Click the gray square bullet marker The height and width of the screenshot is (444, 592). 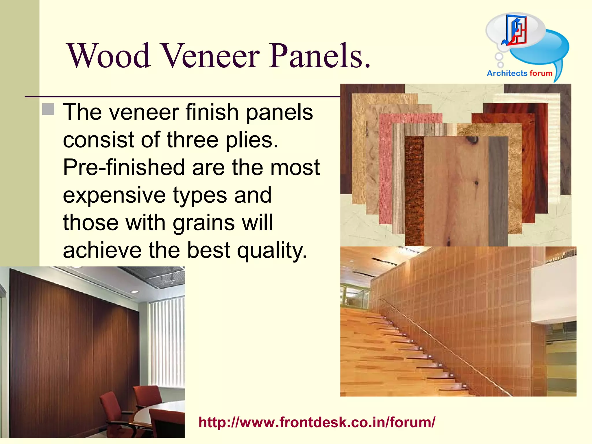[48, 109]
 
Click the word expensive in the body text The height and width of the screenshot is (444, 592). [114, 195]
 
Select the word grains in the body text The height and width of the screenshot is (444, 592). [204, 223]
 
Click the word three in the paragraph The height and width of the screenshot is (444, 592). [192, 140]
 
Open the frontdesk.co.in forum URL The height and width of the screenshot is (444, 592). [317, 422]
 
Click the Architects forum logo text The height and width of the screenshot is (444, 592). [519, 73]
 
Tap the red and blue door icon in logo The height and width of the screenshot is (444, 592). [516, 30]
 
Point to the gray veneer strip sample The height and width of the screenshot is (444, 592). [498, 191]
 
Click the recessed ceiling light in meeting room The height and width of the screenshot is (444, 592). [135, 292]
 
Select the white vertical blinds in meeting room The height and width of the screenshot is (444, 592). [167, 341]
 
